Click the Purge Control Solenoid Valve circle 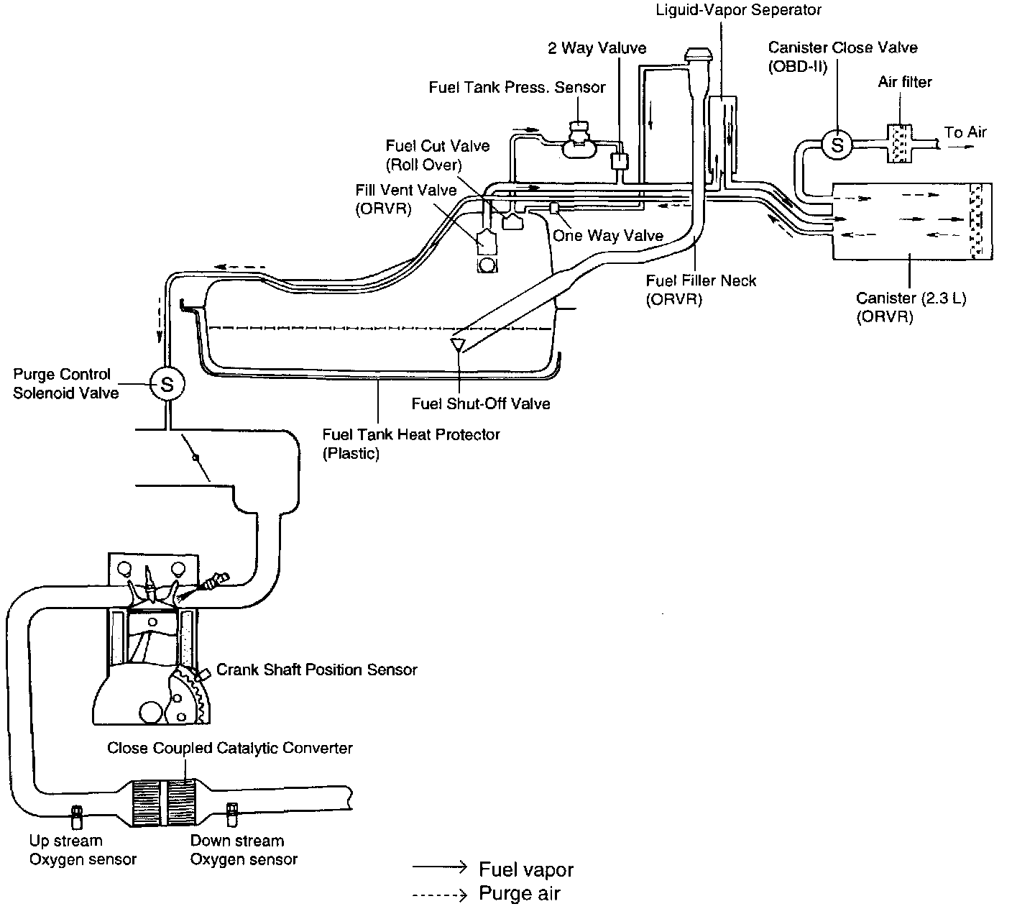click(166, 385)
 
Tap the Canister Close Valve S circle click(837, 145)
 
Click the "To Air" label click(965, 132)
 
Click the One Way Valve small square click(555, 208)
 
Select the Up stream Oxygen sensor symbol click(75, 815)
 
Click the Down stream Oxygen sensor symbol click(232, 813)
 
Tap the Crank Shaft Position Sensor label click(317, 670)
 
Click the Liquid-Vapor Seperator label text click(738, 10)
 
